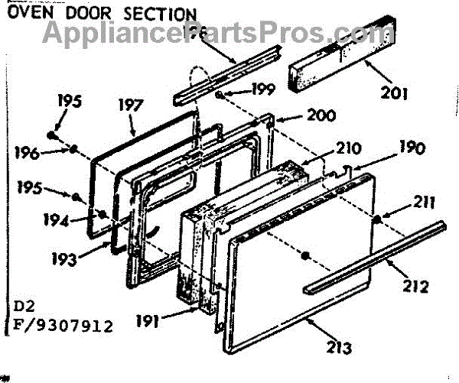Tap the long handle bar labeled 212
click(x=375, y=257)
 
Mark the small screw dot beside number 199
click(x=220, y=94)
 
